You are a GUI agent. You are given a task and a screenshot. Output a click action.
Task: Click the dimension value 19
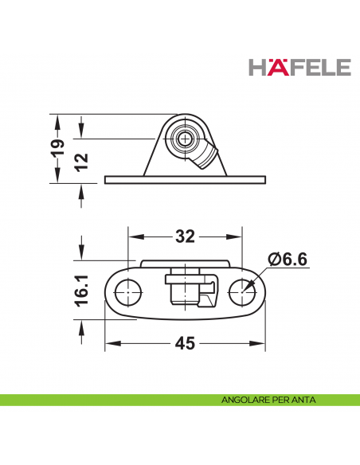click(x=58, y=148)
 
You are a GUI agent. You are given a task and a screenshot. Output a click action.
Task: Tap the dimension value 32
click(x=185, y=237)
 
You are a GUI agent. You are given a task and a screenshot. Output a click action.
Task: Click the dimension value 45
click(x=185, y=344)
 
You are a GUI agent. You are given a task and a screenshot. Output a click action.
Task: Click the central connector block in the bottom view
click(x=186, y=291)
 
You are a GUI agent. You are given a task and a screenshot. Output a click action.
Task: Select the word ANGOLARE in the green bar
click(x=244, y=400)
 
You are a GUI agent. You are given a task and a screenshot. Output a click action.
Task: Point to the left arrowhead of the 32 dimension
click(x=134, y=237)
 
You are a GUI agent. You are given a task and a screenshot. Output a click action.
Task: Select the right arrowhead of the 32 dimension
click(x=236, y=237)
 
